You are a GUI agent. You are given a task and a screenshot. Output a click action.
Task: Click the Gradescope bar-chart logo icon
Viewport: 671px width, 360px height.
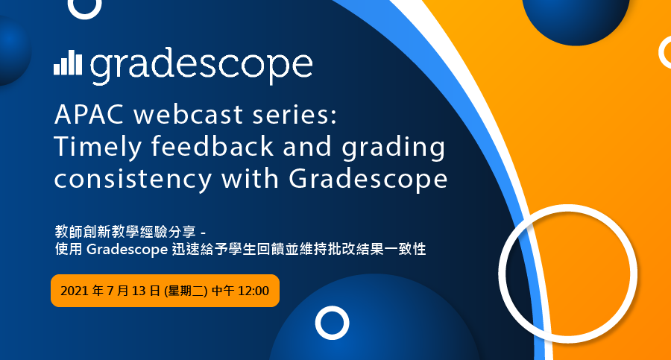68,63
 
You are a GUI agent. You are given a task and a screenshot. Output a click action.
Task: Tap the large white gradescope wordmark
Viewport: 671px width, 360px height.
201,66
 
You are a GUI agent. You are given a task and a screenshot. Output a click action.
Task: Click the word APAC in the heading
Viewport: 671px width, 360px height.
89,115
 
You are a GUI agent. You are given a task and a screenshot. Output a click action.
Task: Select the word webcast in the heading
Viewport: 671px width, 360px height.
189,115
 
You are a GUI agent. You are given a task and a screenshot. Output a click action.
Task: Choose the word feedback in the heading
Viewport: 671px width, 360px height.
212,146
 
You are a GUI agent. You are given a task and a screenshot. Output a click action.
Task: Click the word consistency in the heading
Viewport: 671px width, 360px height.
133,180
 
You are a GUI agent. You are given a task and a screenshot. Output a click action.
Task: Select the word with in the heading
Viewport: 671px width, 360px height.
250,178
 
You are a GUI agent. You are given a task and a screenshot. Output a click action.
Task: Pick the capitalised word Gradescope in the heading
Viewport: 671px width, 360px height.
368,180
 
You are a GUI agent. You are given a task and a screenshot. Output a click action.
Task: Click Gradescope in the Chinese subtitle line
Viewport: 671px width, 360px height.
127,250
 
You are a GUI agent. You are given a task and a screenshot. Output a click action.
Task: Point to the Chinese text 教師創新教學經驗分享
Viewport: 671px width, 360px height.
125,232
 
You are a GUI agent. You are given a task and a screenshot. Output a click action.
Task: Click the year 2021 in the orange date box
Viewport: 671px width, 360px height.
75,291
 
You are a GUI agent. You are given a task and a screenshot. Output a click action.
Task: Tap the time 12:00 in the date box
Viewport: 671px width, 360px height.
253,291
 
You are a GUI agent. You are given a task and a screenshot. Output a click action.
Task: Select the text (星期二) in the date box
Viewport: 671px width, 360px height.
186,291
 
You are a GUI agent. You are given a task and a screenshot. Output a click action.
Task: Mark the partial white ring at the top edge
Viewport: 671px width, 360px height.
85,16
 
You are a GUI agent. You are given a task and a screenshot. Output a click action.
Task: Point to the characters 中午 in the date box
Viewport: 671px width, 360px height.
223,291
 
